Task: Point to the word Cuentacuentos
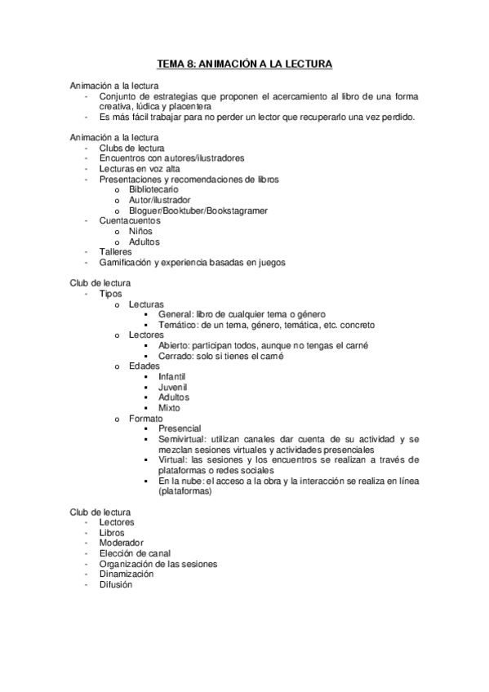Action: (130, 220)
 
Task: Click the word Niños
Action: (140, 231)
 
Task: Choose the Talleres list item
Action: (115, 252)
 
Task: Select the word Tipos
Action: (112, 292)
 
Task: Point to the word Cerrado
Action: (177, 356)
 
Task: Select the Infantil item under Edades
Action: (172, 377)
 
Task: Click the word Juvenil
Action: (173, 387)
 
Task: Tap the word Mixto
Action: (170, 408)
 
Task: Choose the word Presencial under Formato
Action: (180, 428)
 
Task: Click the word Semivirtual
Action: (184, 439)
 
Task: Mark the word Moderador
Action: (121, 542)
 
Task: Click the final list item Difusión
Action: (115, 584)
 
